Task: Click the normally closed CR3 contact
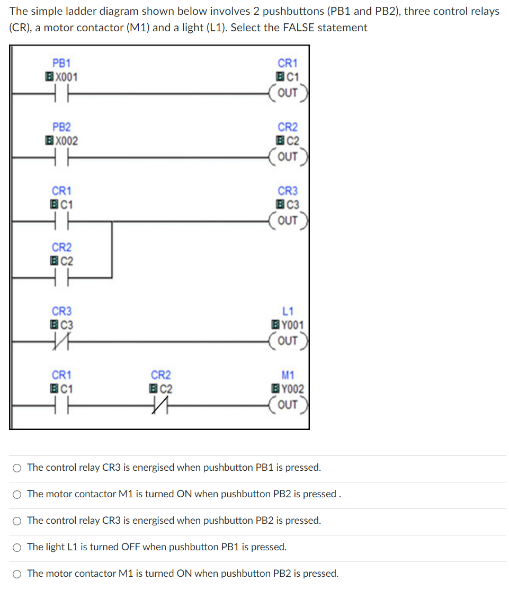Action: coord(61,342)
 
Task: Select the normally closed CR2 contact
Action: coord(160,406)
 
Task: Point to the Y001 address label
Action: coord(291,325)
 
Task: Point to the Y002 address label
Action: coord(291,389)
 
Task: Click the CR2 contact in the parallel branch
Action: coord(61,277)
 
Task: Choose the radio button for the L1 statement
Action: coord(17,547)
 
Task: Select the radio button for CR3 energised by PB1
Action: coord(17,468)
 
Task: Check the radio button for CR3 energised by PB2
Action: coord(17,521)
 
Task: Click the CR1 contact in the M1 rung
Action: coord(61,406)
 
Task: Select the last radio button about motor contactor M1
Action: coord(17,574)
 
